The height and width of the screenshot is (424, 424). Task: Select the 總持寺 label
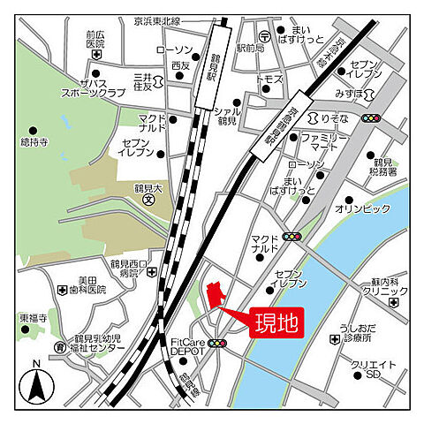34,142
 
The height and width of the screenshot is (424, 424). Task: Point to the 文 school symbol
149,199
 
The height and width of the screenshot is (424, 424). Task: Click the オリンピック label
362,208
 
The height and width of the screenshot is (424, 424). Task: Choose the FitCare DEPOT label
187,345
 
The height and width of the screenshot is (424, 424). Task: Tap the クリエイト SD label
372,370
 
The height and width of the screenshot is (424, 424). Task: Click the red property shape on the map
212,295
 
